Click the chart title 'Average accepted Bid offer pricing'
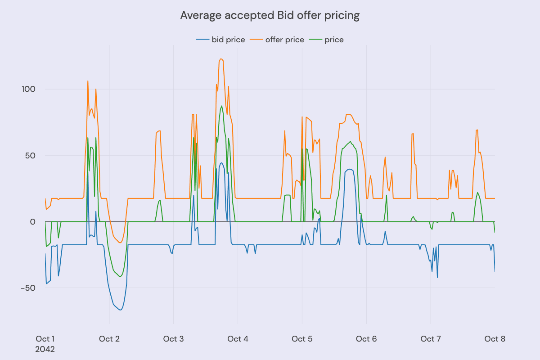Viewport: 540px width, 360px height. pos(270,15)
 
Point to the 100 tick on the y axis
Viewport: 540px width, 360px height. pos(28,89)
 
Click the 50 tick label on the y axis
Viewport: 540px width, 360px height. pos(30,155)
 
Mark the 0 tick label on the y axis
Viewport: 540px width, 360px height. pos(32,222)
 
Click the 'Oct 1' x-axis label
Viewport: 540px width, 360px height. pos(45,339)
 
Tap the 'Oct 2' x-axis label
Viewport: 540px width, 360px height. pos(109,339)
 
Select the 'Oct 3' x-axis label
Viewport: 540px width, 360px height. pos(174,339)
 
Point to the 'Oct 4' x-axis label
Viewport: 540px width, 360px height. pos(238,339)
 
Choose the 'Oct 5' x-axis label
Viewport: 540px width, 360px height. pos(302,339)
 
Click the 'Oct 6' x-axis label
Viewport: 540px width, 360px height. pos(366,339)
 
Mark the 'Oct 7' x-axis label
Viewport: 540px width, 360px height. pos(431,339)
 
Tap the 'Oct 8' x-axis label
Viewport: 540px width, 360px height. pos(495,339)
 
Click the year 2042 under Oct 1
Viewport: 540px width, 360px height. pos(45,349)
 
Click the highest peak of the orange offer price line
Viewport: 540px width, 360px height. pos(221,59)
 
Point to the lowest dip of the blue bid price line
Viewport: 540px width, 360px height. pos(120,310)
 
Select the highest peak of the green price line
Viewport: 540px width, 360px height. pos(222,106)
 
